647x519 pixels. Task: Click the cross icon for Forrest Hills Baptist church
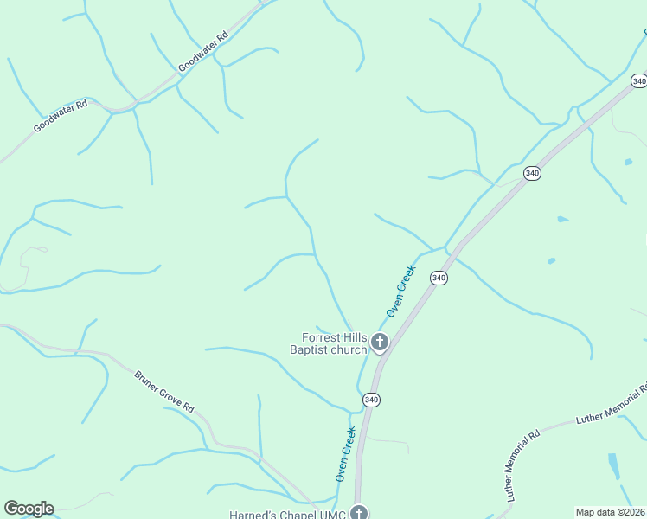379,343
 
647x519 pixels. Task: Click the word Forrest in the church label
323,338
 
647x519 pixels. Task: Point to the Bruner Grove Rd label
165,392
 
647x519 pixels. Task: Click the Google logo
29,509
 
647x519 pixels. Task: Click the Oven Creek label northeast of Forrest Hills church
401,291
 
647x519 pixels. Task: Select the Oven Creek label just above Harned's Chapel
346,453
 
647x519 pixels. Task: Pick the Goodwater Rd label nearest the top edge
203,51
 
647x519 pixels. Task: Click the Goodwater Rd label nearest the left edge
61,116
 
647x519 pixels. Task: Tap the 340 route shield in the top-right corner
638,80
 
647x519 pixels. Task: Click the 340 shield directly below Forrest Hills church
371,399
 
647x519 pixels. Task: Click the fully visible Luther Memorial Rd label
522,465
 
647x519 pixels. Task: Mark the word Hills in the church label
356,338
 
